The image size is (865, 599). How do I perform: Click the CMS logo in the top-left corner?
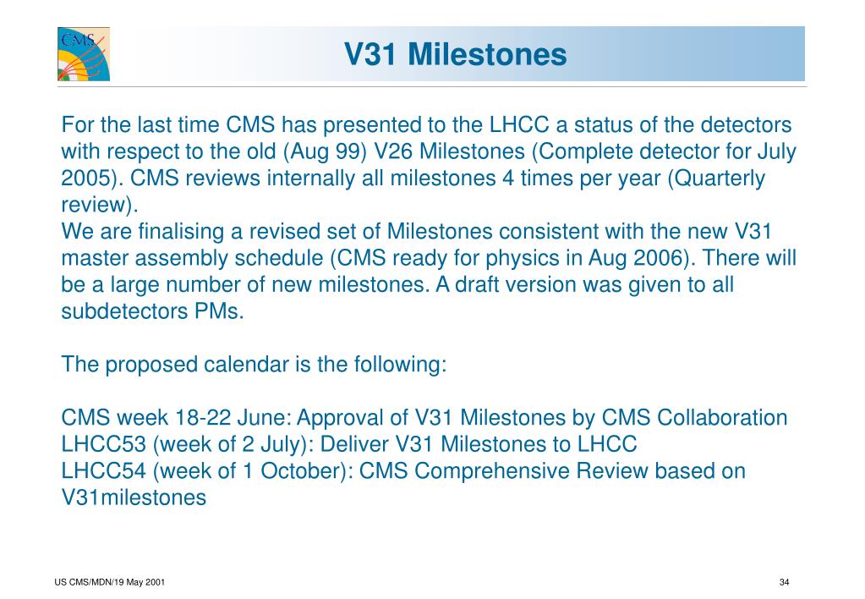click(84, 54)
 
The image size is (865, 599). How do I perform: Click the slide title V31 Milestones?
click(456, 54)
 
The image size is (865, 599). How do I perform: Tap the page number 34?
click(784, 582)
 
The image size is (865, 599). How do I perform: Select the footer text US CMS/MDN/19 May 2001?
click(110, 582)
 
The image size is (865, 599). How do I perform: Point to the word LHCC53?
click(103, 444)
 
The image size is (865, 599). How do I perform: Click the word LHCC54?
click(103, 470)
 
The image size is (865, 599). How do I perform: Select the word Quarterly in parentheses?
click(716, 179)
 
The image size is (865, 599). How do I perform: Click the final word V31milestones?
click(134, 497)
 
